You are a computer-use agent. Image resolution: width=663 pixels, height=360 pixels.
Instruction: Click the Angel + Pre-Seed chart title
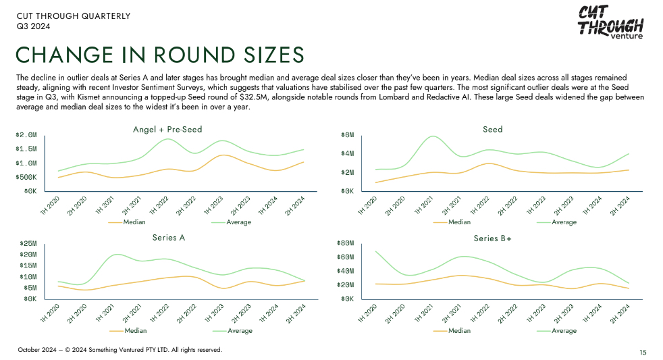167,129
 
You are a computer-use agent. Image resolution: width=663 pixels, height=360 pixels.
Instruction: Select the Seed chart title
493,129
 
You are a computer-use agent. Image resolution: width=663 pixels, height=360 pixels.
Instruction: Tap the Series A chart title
168,238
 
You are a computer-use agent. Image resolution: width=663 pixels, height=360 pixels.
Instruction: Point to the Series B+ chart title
492,238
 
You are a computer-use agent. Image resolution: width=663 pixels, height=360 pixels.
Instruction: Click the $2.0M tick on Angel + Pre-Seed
26,135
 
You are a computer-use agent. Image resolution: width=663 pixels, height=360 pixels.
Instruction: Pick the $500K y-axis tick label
26,177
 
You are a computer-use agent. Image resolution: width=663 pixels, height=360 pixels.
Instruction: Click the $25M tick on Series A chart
28,243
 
